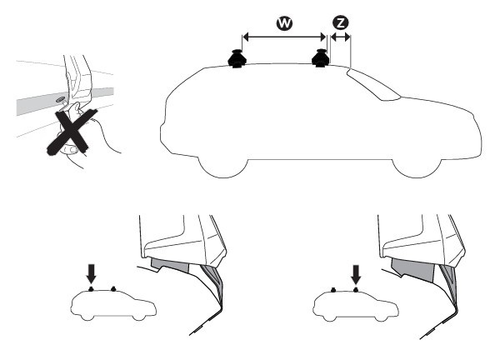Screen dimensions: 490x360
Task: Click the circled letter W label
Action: coord(284,23)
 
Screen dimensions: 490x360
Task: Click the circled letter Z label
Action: coord(340,22)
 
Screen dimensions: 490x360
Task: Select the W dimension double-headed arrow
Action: coord(284,37)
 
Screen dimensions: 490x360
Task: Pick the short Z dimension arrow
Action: coord(340,37)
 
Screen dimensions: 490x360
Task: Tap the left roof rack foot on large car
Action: coord(237,58)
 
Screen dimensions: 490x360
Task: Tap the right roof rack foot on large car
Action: coord(320,57)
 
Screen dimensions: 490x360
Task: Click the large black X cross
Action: coord(72,132)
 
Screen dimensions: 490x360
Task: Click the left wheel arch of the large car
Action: coord(223,168)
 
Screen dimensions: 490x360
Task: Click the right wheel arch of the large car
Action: coord(417,168)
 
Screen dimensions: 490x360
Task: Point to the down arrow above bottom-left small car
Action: coord(92,273)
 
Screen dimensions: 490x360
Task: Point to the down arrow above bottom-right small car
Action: coord(356,274)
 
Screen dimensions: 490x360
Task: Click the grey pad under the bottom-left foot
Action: coord(170,265)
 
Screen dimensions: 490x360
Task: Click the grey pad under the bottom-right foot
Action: coord(412,269)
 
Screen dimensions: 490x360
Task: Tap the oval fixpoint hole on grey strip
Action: coord(59,100)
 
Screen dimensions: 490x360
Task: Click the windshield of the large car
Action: coord(372,84)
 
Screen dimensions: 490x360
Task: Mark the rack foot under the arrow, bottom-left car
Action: coord(92,288)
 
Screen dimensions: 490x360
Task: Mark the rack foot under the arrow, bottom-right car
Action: coord(356,289)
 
